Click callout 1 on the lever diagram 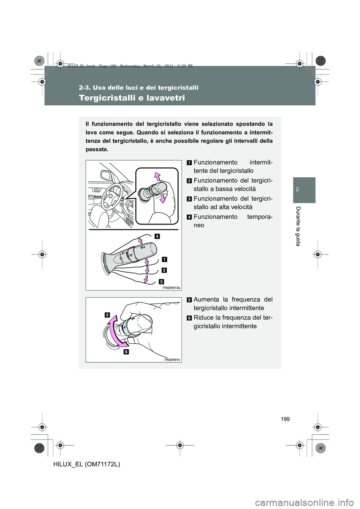pyautogui.click(x=165, y=259)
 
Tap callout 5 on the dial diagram pyautogui.click(x=107, y=316)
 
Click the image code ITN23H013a pyautogui.click(x=172, y=287)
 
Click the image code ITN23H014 pyautogui.click(x=172, y=359)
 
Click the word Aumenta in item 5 pyautogui.click(x=207, y=299)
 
